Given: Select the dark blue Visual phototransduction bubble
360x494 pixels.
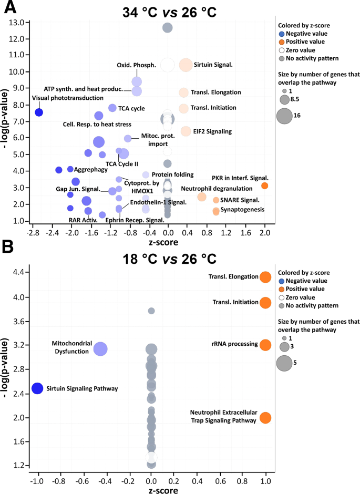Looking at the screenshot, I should pos(38,112).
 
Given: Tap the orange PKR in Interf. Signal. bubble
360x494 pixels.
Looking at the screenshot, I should pos(264,186).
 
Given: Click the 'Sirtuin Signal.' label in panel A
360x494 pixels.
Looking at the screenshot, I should pos(213,65).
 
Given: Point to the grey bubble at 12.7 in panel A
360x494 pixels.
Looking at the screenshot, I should pos(168,27).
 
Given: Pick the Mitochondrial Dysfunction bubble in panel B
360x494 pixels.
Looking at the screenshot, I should pos(100,348).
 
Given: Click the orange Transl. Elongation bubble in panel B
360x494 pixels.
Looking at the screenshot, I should pos(265,277).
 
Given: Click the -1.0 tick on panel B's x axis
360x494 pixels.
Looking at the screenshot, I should pos(37,480).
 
